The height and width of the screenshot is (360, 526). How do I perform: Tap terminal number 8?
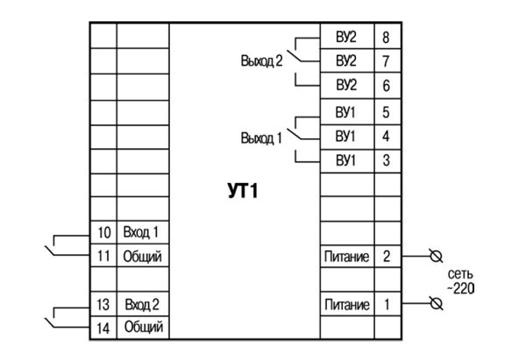387,38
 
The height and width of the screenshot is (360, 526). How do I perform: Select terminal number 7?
387,62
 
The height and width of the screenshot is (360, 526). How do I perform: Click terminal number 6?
387,87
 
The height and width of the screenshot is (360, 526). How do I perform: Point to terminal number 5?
387,112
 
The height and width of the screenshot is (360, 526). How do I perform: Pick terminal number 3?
387,161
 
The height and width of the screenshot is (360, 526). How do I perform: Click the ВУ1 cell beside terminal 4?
346,137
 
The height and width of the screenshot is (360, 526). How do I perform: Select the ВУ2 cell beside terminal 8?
346,38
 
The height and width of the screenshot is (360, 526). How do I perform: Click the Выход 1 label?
260,138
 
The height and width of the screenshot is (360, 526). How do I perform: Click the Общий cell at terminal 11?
142,257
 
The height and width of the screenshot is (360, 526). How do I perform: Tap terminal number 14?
103,328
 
